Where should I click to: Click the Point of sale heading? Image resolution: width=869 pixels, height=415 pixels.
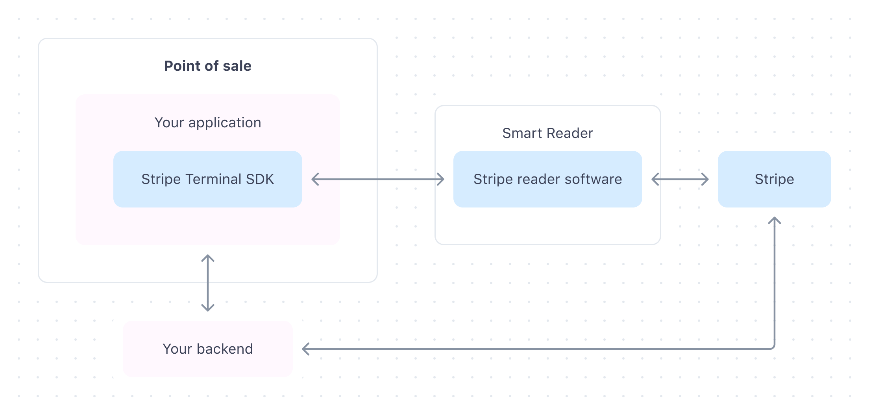click(x=207, y=66)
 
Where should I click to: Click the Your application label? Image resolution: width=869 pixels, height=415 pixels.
click(x=207, y=123)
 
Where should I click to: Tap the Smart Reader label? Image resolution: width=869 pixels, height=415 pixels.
click(x=547, y=133)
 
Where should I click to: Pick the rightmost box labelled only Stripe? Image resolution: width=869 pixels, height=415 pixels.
click(x=774, y=179)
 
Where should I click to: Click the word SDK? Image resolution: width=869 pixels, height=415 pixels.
click(x=260, y=179)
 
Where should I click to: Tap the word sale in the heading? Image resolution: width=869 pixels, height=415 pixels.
click(x=237, y=66)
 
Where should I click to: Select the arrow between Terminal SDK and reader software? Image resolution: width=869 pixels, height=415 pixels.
click(x=378, y=180)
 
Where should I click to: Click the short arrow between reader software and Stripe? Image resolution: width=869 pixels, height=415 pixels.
click(x=680, y=180)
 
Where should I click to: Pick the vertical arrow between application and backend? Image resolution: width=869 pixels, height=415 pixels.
click(x=208, y=283)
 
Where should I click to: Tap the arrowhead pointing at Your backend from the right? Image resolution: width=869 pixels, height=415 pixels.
click(x=305, y=349)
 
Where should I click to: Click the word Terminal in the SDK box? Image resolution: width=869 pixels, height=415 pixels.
click(x=213, y=179)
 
